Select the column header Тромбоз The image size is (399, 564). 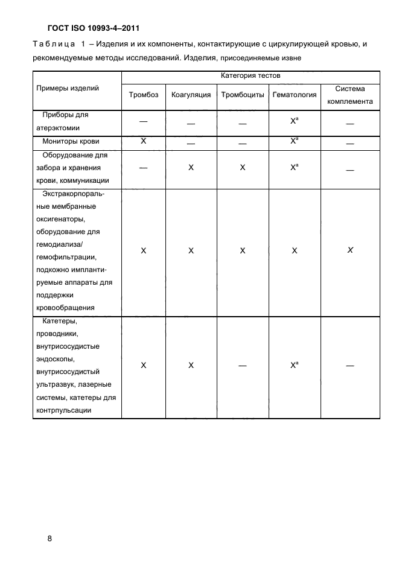point(143,95)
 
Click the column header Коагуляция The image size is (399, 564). point(191,95)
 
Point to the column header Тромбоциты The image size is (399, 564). point(242,95)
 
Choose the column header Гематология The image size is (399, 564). point(294,95)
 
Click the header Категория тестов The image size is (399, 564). point(251,76)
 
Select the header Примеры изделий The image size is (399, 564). point(68,88)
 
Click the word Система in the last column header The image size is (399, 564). point(350,88)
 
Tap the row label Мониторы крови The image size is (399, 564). point(71,141)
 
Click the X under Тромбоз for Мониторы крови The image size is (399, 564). point(143,141)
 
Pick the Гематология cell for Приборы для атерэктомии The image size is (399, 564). point(294,121)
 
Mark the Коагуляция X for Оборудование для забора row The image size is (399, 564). point(191,168)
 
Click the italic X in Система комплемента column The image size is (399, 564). point(350,250)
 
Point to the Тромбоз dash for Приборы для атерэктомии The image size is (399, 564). point(143,121)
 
